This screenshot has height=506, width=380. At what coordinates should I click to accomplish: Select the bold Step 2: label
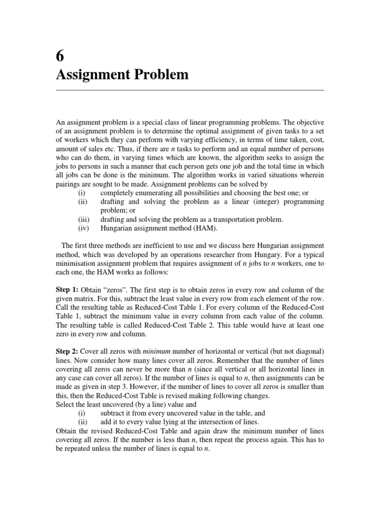point(68,351)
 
